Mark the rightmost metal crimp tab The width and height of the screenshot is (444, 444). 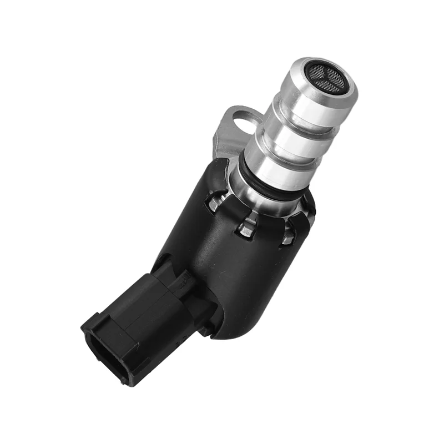coord(287,236)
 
